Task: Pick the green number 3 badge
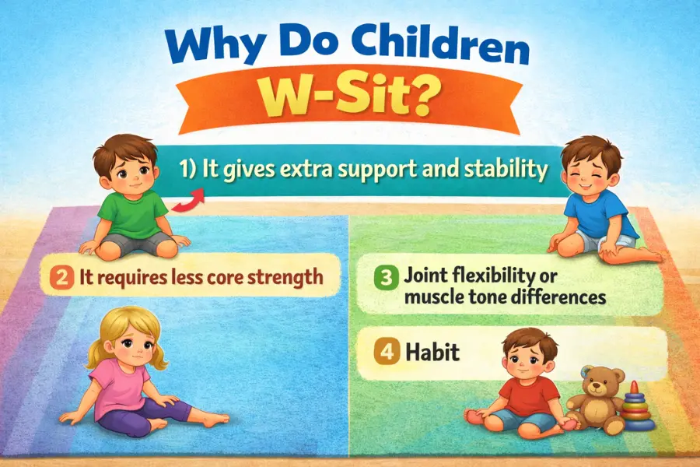tap(384, 278)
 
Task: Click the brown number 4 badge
tap(386, 353)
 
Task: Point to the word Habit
tap(432, 353)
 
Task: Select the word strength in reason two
tap(285, 276)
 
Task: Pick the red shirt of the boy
tap(529, 395)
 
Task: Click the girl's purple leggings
tap(143, 416)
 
